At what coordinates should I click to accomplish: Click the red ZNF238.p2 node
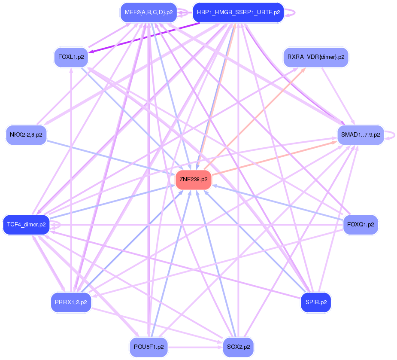click(193, 180)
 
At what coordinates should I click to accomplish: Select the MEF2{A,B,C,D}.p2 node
click(148, 12)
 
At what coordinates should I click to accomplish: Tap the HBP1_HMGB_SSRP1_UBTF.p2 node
click(238, 12)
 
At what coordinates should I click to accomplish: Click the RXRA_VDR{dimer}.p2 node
click(315, 57)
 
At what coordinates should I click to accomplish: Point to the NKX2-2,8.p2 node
click(26, 135)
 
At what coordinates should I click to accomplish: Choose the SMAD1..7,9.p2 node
click(361, 135)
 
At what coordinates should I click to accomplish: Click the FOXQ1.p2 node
click(361, 225)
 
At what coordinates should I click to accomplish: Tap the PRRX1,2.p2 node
click(71, 302)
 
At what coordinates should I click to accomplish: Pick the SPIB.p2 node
click(316, 302)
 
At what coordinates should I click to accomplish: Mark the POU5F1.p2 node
click(148, 347)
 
